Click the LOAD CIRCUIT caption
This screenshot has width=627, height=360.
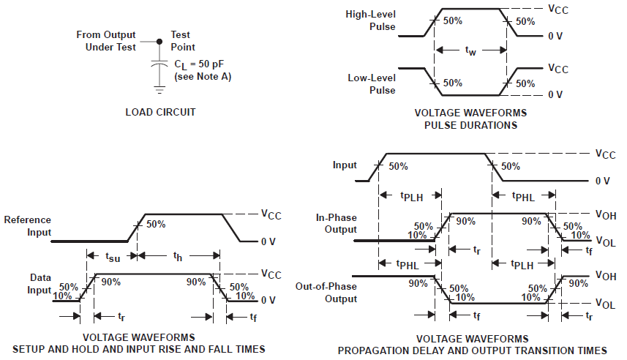click(x=160, y=112)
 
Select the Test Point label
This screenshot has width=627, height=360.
click(x=181, y=41)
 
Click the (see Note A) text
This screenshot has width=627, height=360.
click(x=203, y=77)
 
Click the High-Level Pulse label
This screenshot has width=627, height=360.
click(x=374, y=21)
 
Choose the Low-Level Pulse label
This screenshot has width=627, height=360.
click(x=372, y=84)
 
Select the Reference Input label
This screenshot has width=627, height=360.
click(x=28, y=226)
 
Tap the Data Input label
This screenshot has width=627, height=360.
click(x=41, y=285)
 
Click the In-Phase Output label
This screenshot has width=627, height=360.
click(x=337, y=223)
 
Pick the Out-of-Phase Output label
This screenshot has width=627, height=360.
click(x=326, y=293)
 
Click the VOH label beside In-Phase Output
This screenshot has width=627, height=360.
click(x=604, y=214)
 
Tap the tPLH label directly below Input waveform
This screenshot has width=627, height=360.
click(x=411, y=195)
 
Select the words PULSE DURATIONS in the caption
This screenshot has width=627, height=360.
click(x=470, y=125)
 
